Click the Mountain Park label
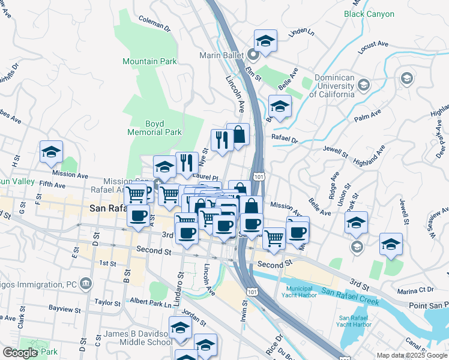[149, 61]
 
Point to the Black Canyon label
[369, 14]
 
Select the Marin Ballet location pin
[253, 55]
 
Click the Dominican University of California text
[332, 86]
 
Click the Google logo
[20, 353]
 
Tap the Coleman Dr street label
[154, 22]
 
